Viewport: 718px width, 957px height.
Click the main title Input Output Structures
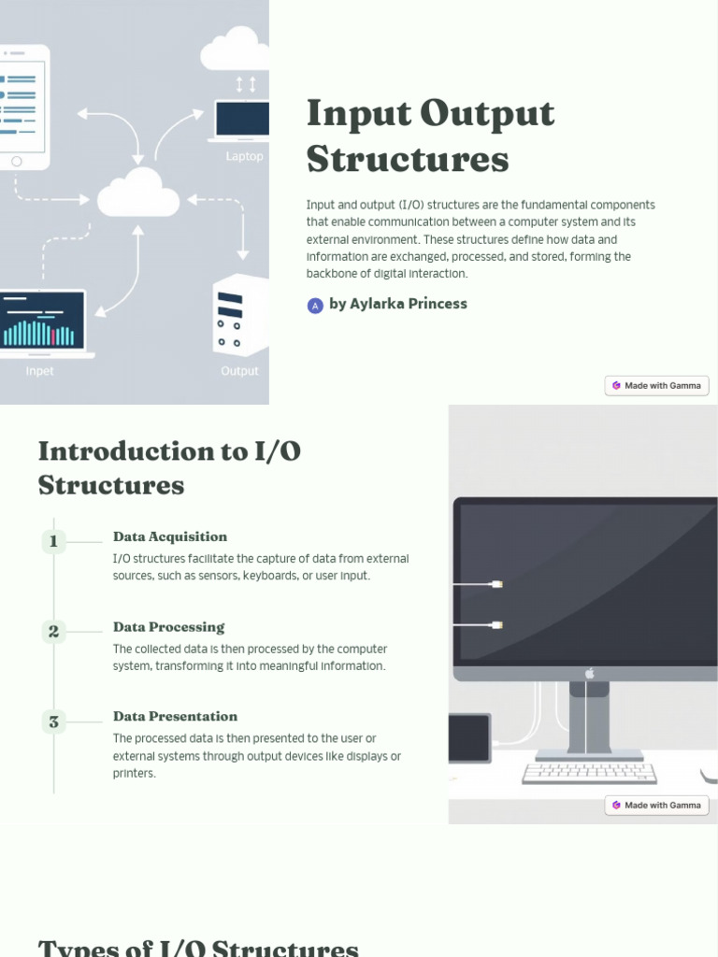pos(430,136)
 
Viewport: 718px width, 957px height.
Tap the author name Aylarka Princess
pos(398,304)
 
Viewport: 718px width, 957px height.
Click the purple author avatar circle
pos(315,305)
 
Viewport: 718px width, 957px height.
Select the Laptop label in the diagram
pos(244,156)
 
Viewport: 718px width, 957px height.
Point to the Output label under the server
pos(239,371)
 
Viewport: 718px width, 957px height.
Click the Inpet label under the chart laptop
pos(39,371)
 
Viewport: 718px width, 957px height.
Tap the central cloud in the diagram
pos(138,193)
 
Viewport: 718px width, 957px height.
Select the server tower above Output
pos(240,316)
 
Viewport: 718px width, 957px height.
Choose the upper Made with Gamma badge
pos(656,385)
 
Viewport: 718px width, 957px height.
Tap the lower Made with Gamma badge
pos(656,805)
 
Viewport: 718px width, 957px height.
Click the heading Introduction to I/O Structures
pos(169,468)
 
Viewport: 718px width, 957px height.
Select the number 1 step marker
pos(53,541)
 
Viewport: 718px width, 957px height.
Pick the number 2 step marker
pos(53,632)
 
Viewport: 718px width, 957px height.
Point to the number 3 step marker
pos(53,721)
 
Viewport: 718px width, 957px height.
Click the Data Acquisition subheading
pos(170,536)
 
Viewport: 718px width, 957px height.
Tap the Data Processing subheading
pos(168,627)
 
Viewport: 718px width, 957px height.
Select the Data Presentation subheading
pos(175,717)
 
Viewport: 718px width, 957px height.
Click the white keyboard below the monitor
pos(589,773)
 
